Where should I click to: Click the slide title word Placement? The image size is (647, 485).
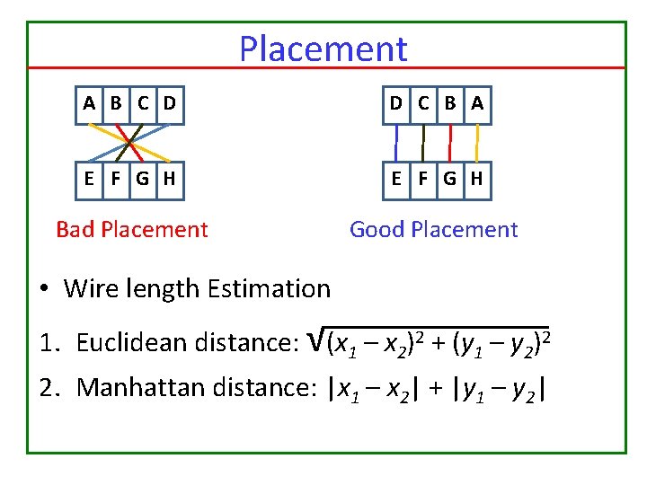coord(323,48)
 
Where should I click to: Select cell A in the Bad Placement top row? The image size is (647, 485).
coord(89,103)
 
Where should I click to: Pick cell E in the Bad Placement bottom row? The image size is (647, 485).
coord(89,179)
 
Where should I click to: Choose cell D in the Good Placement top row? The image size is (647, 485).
coord(395,103)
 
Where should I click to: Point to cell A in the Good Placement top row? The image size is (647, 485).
coord(476,103)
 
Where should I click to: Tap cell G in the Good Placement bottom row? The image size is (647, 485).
coord(449,179)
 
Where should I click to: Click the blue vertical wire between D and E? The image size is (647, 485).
coord(396,141)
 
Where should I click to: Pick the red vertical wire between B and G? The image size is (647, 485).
coord(450,141)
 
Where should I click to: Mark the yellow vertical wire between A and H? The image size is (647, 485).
coord(477,141)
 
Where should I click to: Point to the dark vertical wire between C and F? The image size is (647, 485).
coord(423,141)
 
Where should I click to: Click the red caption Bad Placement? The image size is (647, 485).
coord(131,230)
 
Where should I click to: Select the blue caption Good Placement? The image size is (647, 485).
coord(433,230)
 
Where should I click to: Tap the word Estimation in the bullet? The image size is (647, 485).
coord(269,289)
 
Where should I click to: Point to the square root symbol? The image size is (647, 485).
coord(315,339)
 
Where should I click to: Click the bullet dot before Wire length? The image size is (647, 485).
coord(44,290)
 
